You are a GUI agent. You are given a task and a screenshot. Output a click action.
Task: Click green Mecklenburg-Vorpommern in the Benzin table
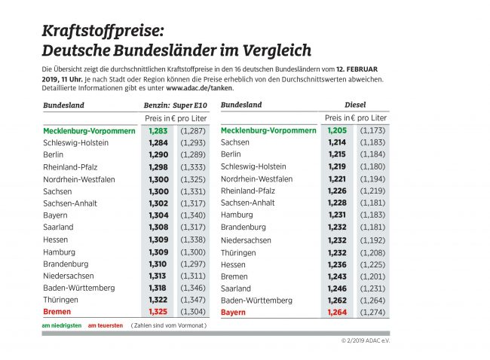coord(89,130)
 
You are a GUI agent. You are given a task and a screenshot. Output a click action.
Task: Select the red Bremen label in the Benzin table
coord(57,311)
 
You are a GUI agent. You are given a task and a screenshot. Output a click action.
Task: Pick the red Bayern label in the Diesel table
coord(234,312)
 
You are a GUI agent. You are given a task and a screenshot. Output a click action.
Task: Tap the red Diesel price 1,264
coord(338,312)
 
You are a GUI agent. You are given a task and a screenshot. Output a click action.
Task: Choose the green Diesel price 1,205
coord(338,130)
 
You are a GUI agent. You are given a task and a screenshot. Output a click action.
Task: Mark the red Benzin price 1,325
coord(158,311)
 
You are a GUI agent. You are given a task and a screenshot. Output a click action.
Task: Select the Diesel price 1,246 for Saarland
coord(338,288)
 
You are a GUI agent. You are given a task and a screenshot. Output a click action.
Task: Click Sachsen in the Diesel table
coord(236,142)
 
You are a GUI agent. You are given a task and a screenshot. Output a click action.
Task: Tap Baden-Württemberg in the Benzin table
coord(79,287)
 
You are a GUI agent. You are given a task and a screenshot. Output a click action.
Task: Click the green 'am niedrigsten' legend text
coord(62,325)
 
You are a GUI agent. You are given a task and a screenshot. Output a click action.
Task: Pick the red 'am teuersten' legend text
coord(106,325)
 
